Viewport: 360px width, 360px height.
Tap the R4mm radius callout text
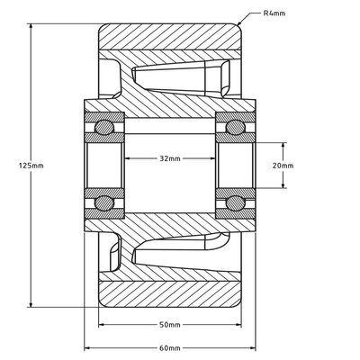[276, 13]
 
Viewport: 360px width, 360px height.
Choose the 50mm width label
[168, 324]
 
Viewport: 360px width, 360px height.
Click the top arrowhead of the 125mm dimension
[33, 25]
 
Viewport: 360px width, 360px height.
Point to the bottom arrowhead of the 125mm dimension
[33, 306]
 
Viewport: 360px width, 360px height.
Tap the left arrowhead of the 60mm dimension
[88, 346]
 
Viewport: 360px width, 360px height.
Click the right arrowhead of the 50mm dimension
[238, 324]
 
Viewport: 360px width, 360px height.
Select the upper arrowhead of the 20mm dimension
[286, 144]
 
